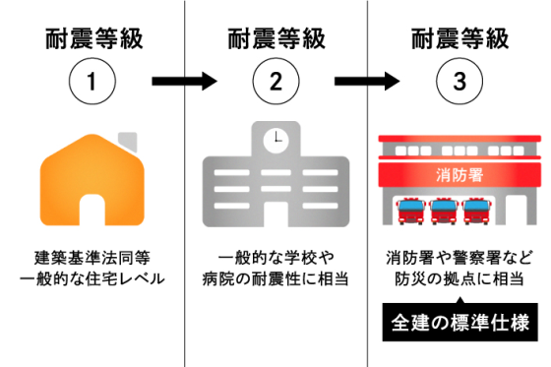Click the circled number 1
(92, 83)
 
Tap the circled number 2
(275, 83)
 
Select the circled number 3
(459, 83)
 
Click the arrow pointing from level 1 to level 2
(183, 83)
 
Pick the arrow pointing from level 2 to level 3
(367, 83)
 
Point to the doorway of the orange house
(92, 210)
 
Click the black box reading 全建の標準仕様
(459, 322)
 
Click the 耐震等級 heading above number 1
(92, 38)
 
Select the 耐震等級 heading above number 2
(275, 38)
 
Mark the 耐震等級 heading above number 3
(459, 38)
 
